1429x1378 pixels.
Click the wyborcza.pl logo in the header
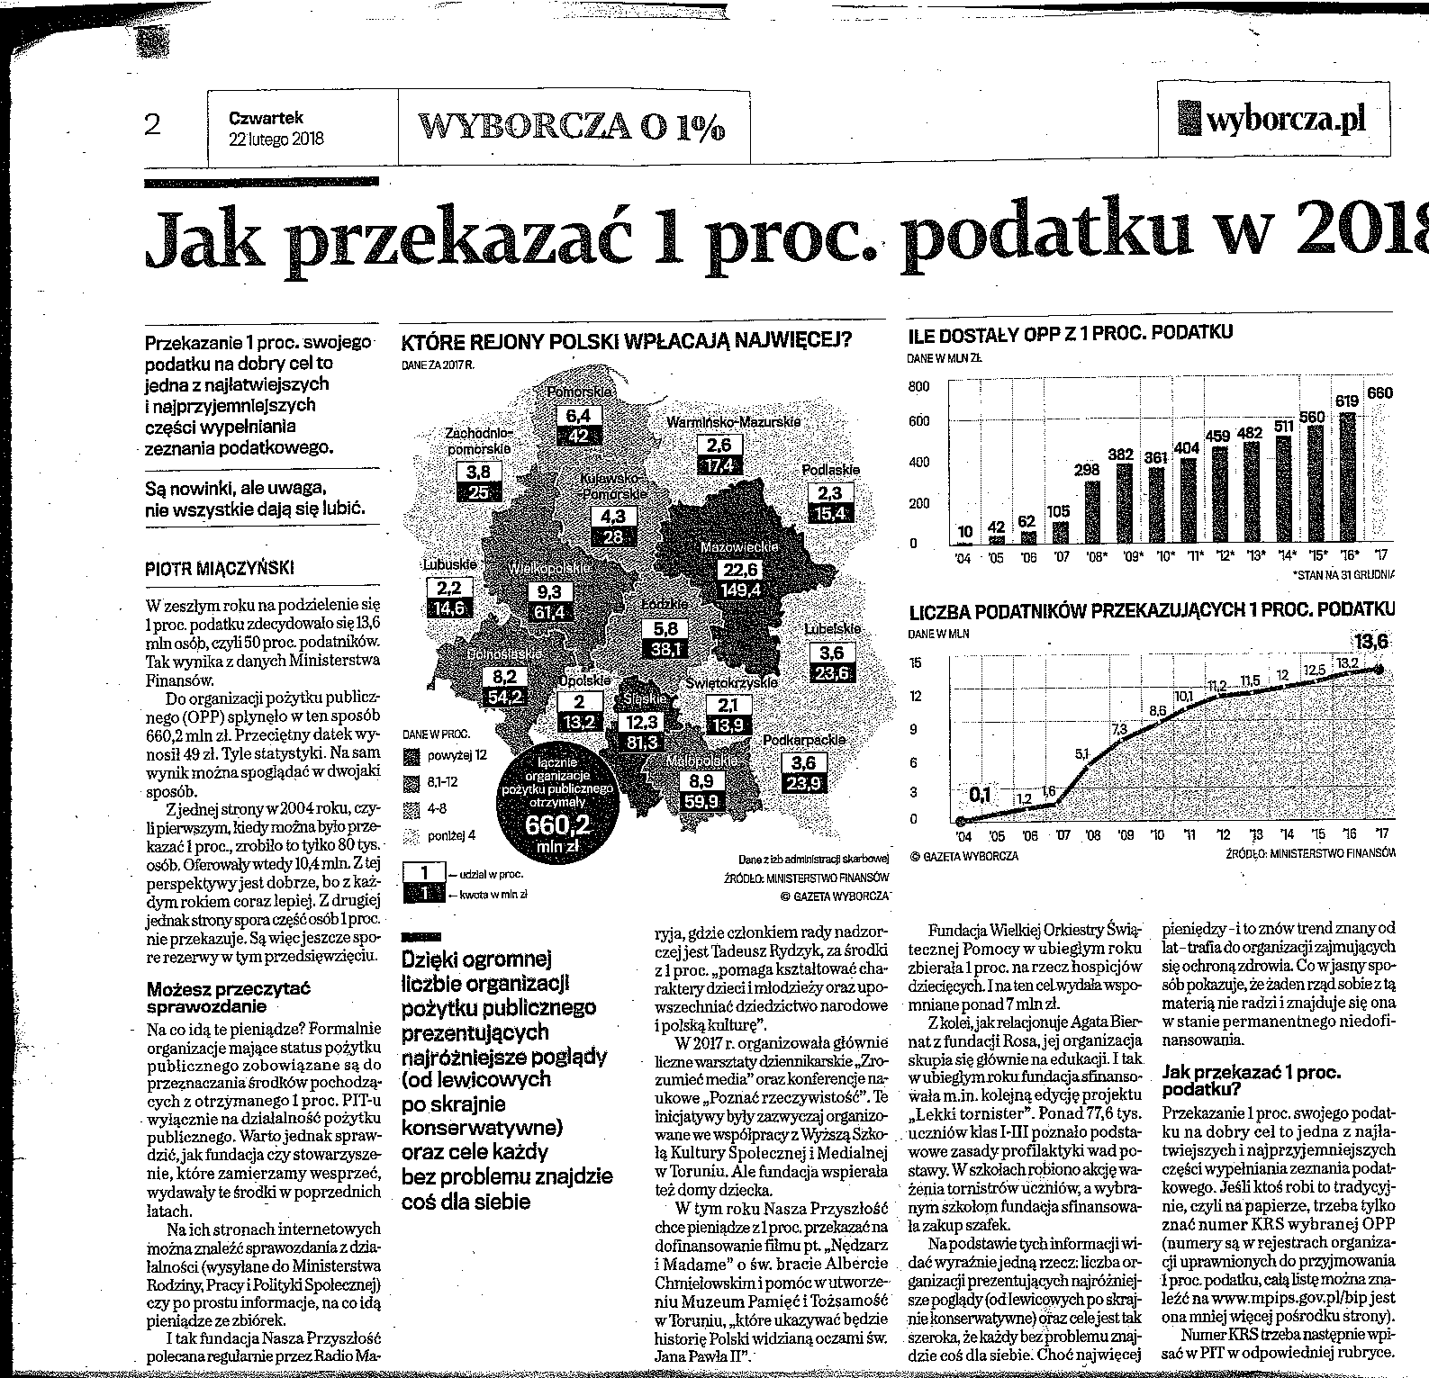click(1273, 119)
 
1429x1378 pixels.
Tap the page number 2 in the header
click(152, 124)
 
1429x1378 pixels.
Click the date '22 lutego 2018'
click(276, 139)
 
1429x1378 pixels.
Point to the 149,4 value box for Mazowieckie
click(742, 590)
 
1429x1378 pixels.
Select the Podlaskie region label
click(831, 470)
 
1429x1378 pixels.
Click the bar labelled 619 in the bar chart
click(1347, 477)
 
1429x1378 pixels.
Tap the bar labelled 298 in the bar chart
click(1091, 512)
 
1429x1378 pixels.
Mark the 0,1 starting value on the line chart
click(980, 794)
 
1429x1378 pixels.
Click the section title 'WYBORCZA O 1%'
click(573, 127)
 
